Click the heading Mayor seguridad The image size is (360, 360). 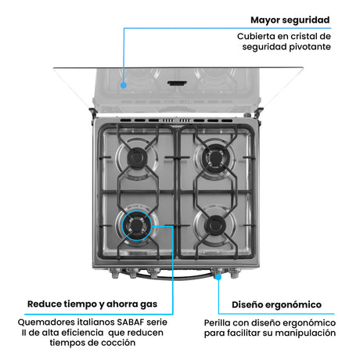coord(290,20)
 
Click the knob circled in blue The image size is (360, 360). coord(218,275)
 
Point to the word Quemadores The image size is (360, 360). coord(46,322)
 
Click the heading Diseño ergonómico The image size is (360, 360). coord(276,304)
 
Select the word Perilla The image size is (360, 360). coord(219,322)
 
